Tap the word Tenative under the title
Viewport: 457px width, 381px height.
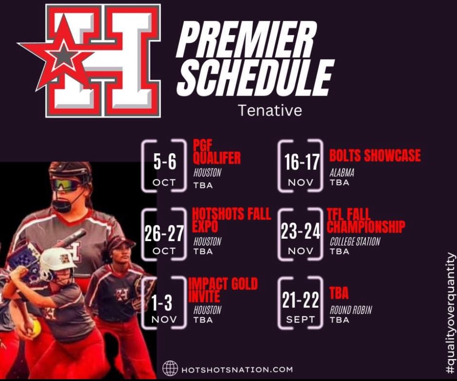(x=270, y=110)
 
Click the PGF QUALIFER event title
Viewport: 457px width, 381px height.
(x=217, y=151)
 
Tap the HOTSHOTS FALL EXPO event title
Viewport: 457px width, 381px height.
(x=232, y=220)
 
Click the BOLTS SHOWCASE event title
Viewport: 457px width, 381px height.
(x=375, y=156)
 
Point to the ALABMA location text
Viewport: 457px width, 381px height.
(x=342, y=173)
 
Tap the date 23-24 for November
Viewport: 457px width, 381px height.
(x=300, y=232)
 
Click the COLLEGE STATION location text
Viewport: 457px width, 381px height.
(x=355, y=242)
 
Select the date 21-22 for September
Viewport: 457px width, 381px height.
(x=300, y=301)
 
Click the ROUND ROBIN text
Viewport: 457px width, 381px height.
(x=350, y=310)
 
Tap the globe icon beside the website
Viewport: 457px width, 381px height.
(x=170, y=368)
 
